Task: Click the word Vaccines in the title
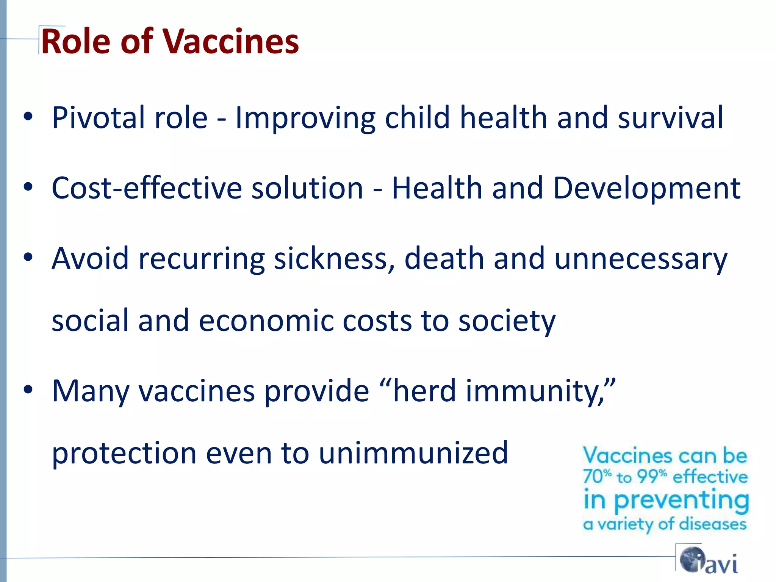point(231,42)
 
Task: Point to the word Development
point(646,188)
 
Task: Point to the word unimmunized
point(413,453)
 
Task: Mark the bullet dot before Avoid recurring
point(28,257)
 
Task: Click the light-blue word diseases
point(712,524)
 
